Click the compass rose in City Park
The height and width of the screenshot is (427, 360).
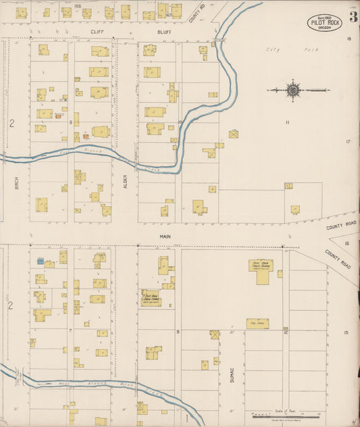click(x=293, y=90)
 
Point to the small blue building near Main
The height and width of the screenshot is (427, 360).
click(x=41, y=260)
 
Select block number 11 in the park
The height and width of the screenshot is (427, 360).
click(x=287, y=122)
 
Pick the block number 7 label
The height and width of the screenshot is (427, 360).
click(x=70, y=330)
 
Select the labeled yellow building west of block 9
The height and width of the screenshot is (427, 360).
click(x=150, y=298)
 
